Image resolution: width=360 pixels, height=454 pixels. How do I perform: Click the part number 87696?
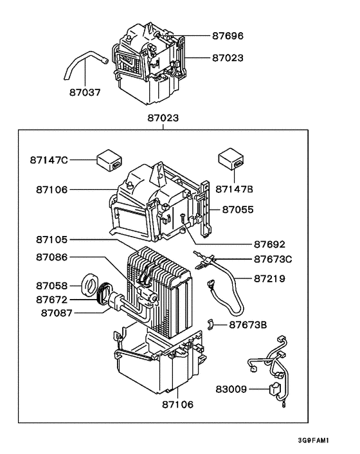coord(230,36)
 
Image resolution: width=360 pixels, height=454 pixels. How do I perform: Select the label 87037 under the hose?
coord(85,92)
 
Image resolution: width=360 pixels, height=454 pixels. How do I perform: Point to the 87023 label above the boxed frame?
coord(163,118)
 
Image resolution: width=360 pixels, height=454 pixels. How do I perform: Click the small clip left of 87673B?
coord(212,323)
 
